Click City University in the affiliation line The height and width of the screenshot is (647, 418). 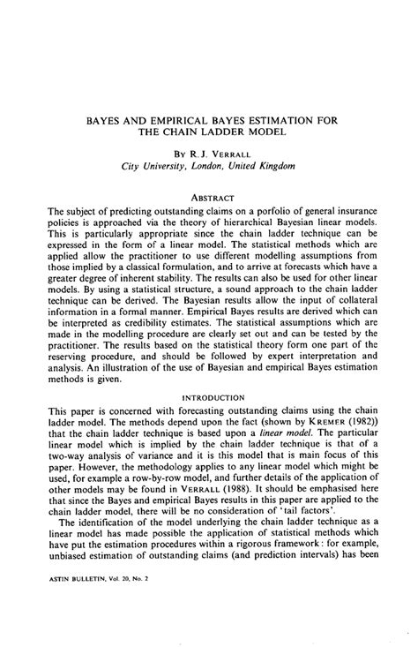(x=157, y=163)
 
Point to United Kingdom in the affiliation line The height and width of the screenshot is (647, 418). (x=270, y=163)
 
